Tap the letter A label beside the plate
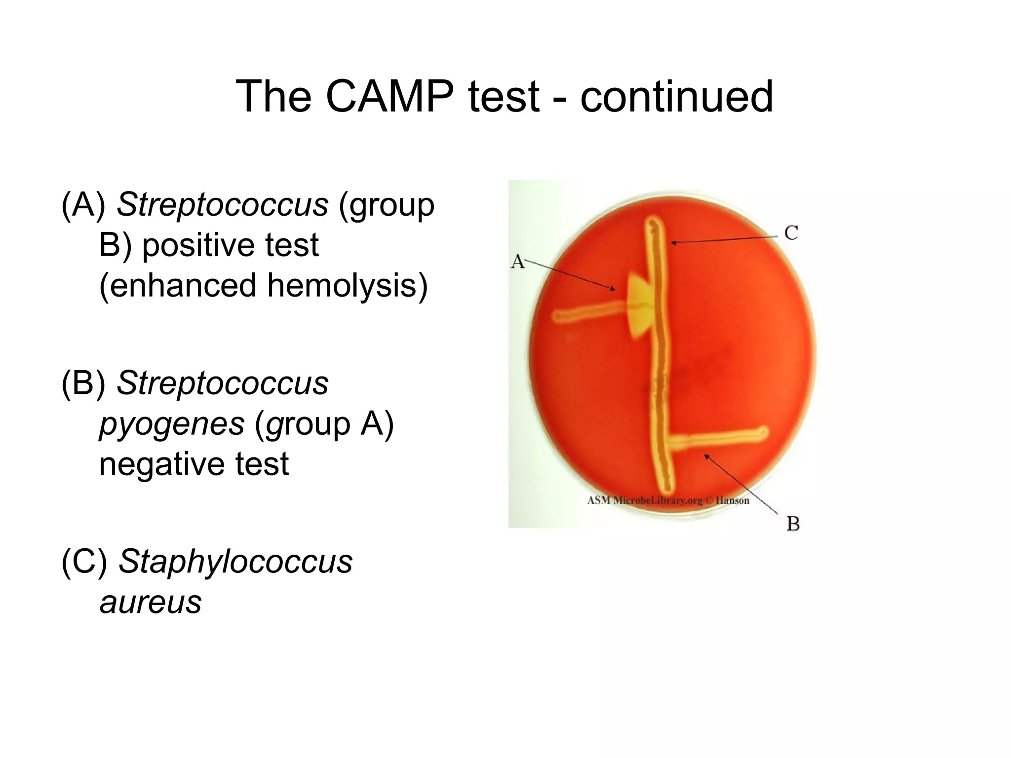coord(517,262)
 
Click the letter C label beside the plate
coord(791,233)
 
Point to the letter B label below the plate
coord(793,524)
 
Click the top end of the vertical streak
coord(654,227)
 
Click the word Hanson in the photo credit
coord(733,500)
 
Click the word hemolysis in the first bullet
coord(347,286)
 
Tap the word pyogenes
coord(172,423)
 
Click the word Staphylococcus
coord(235,562)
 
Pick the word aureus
coord(151,602)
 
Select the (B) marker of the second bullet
coord(83,383)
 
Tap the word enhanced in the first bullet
coord(178,286)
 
